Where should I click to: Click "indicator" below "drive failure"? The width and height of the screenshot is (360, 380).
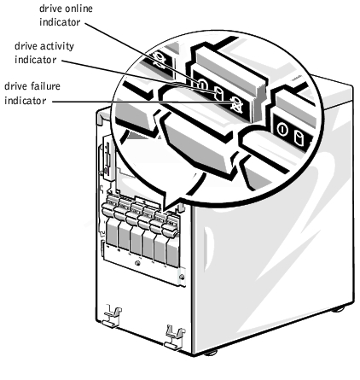pyautogui.click(x=26, y=101)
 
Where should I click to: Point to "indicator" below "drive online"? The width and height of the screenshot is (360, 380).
pyautogui.click(x=60, y=22)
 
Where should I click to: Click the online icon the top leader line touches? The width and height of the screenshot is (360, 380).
pyautogui.click(x=202, y=84)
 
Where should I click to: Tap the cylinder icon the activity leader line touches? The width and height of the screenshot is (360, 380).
pyautogui.click(x=218, y=94)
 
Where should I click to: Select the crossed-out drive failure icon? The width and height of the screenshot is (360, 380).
pyautogui.click(x=235, y=104)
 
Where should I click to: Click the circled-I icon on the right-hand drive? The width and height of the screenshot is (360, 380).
pyautogui.click(x=282, y=130)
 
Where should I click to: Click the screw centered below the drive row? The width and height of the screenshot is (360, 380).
pyautogui.click(x=137, y=264)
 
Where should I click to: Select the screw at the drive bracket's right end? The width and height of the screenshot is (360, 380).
pyautogui.click(x=182, y=277)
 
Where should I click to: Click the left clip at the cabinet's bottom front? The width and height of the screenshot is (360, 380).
pyautogui.click(x=112, y=316)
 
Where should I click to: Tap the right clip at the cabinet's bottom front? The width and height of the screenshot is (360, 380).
pyautogui.click(x=174, y=338)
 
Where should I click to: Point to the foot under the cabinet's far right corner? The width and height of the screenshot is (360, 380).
pyautogui.click(x=338, y=309)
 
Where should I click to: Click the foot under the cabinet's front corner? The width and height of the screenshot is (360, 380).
pyautogui.click(x=211, y=353)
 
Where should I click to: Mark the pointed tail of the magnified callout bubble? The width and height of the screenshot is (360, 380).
pyautogui.click(x=165, y=211)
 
